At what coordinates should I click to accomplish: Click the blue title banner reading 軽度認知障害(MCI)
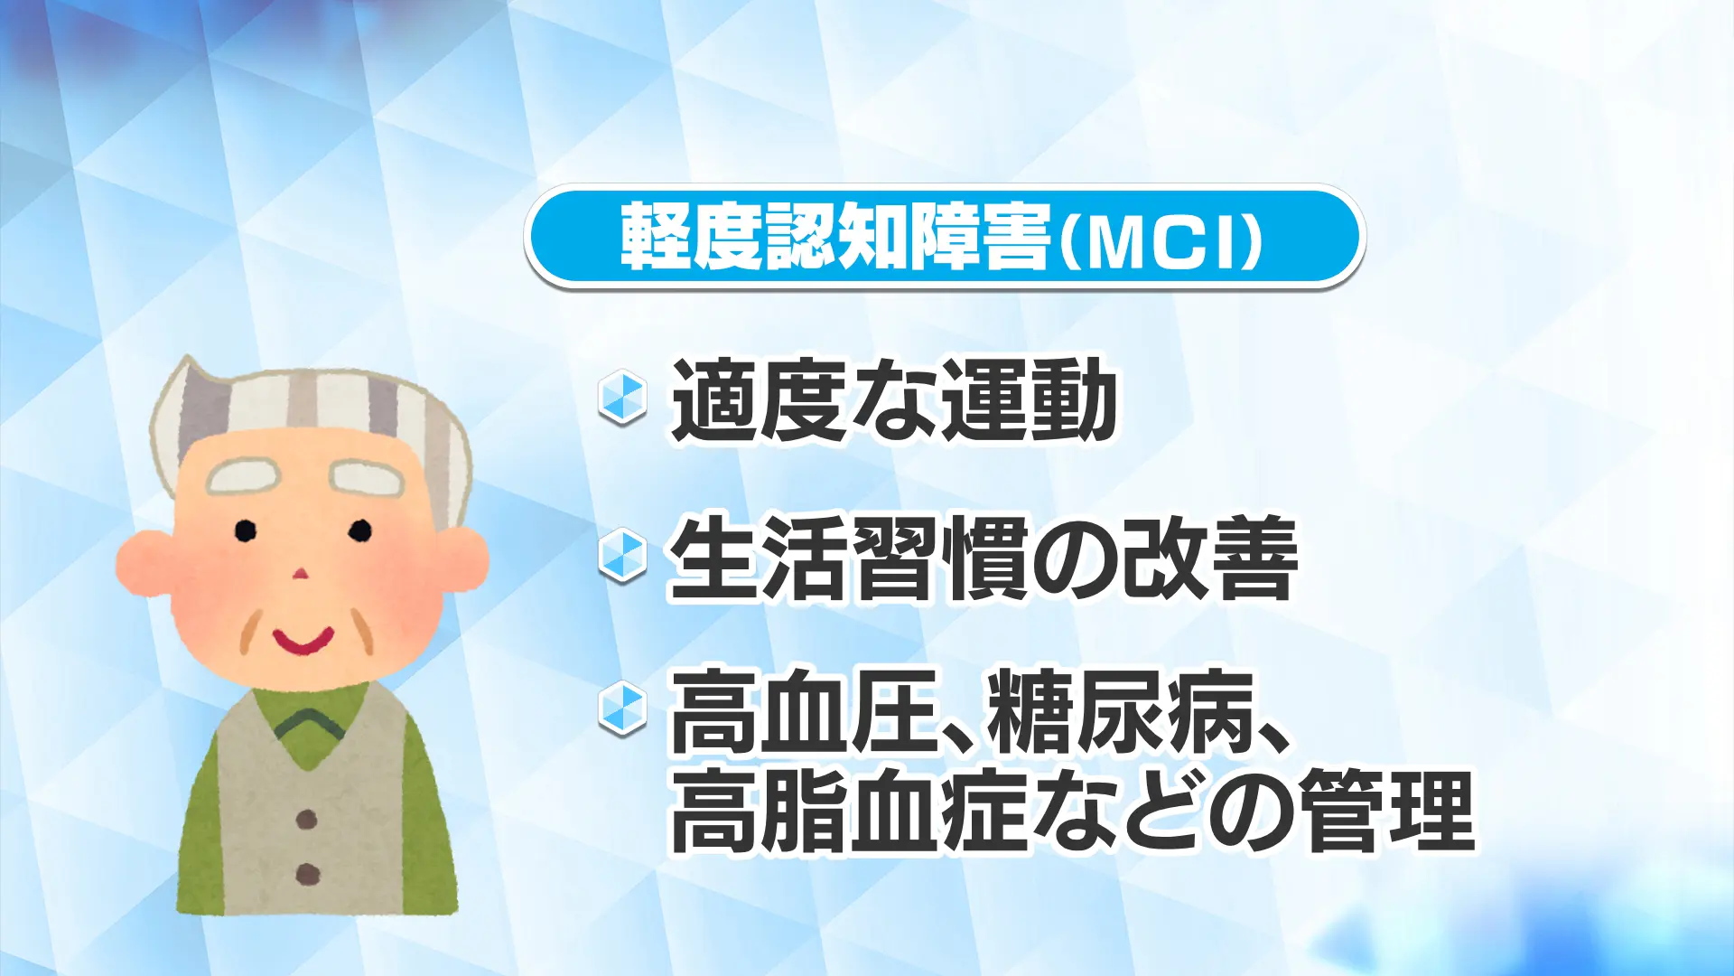click(944, 237)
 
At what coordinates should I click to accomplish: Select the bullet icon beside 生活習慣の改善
click(622, 555)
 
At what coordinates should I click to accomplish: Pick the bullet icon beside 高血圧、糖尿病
click(622, 709)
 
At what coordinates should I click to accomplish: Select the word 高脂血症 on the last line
click(848, 811)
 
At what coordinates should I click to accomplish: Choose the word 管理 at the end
click(1389, 811)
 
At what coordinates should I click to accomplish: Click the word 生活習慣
click(848, 558)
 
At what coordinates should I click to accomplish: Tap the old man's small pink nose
click(301, 573)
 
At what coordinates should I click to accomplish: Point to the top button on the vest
click(307, 820)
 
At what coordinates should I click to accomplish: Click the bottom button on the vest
click(308, 875)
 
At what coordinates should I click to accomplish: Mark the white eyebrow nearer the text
click(367, 476)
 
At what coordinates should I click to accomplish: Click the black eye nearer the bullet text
click(359, 530)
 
